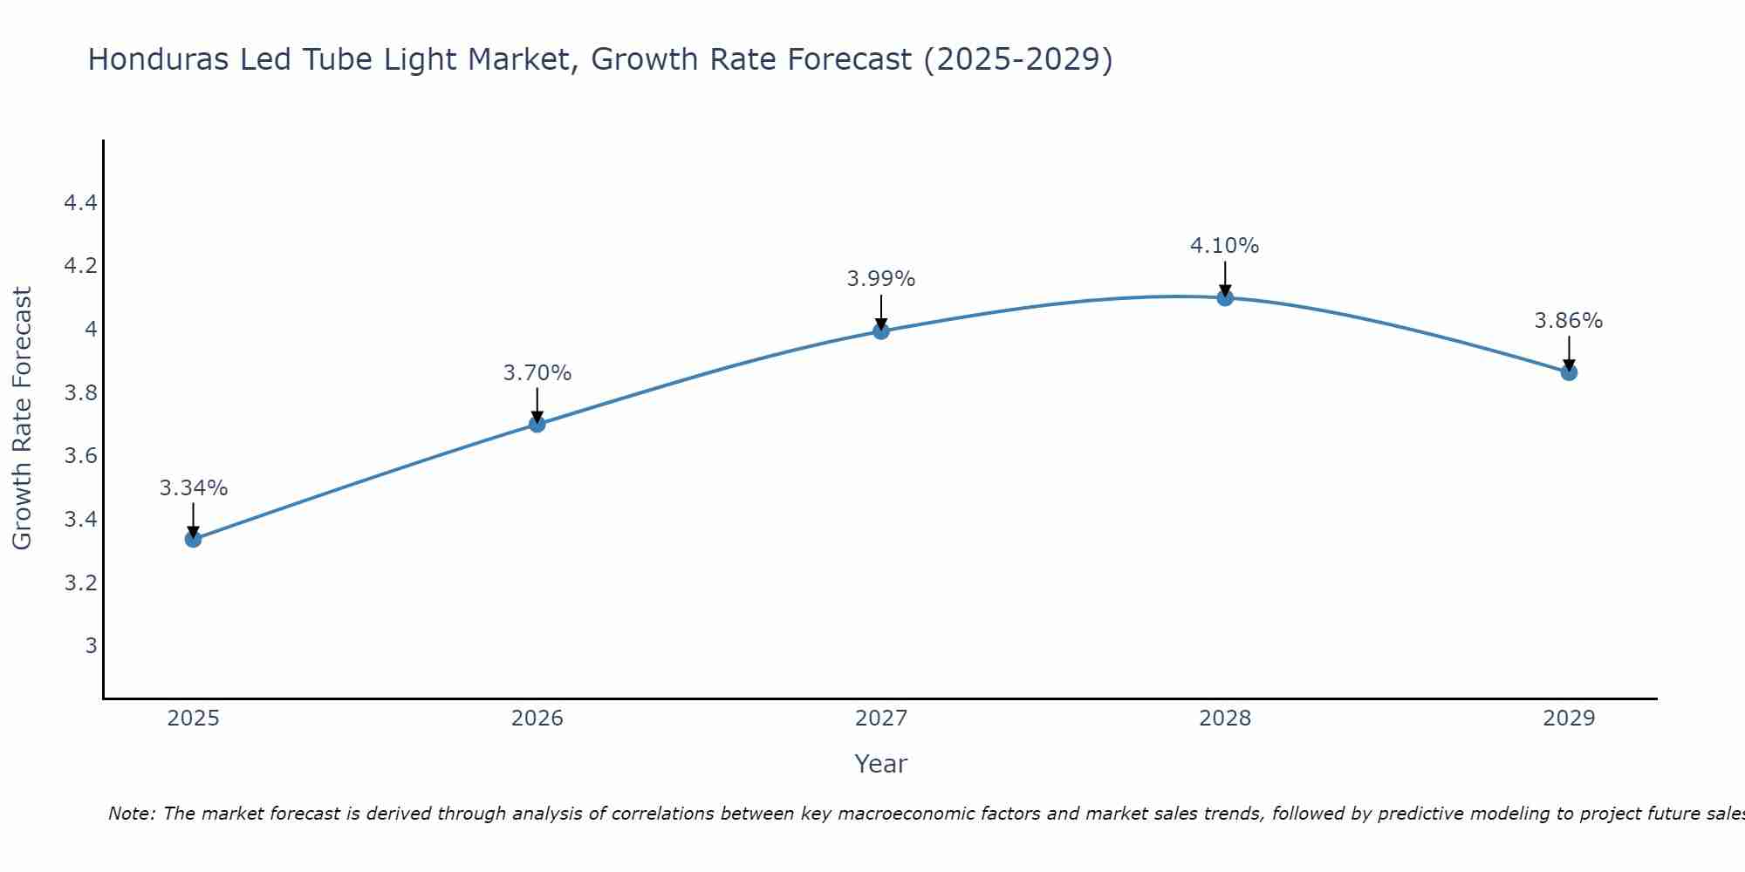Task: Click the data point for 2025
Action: [x=194, y=539]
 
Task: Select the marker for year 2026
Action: [x=537, y=424]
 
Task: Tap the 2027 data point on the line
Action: [x=881, y=330]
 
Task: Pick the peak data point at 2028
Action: [x=1225, y=297]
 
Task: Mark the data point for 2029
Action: [x=1569, y=372]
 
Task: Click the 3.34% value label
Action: [x=194, y=488]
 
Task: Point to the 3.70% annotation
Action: [x=537, y=373]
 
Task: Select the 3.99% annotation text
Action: [x=881, y=279]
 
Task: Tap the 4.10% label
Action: [x=1225, y=246]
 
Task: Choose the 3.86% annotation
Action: [x=1569, y=321]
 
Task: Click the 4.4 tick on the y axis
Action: [x=80, y=203]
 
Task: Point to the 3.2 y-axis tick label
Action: [x=80, y=582]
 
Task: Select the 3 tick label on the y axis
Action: [x=91, y=646]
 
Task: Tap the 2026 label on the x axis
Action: [x=537, y=719]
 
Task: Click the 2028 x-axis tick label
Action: [x=1225, y=719]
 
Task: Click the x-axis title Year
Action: [x=881, y=764]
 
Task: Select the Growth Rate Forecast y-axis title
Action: [x=23, y=418]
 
